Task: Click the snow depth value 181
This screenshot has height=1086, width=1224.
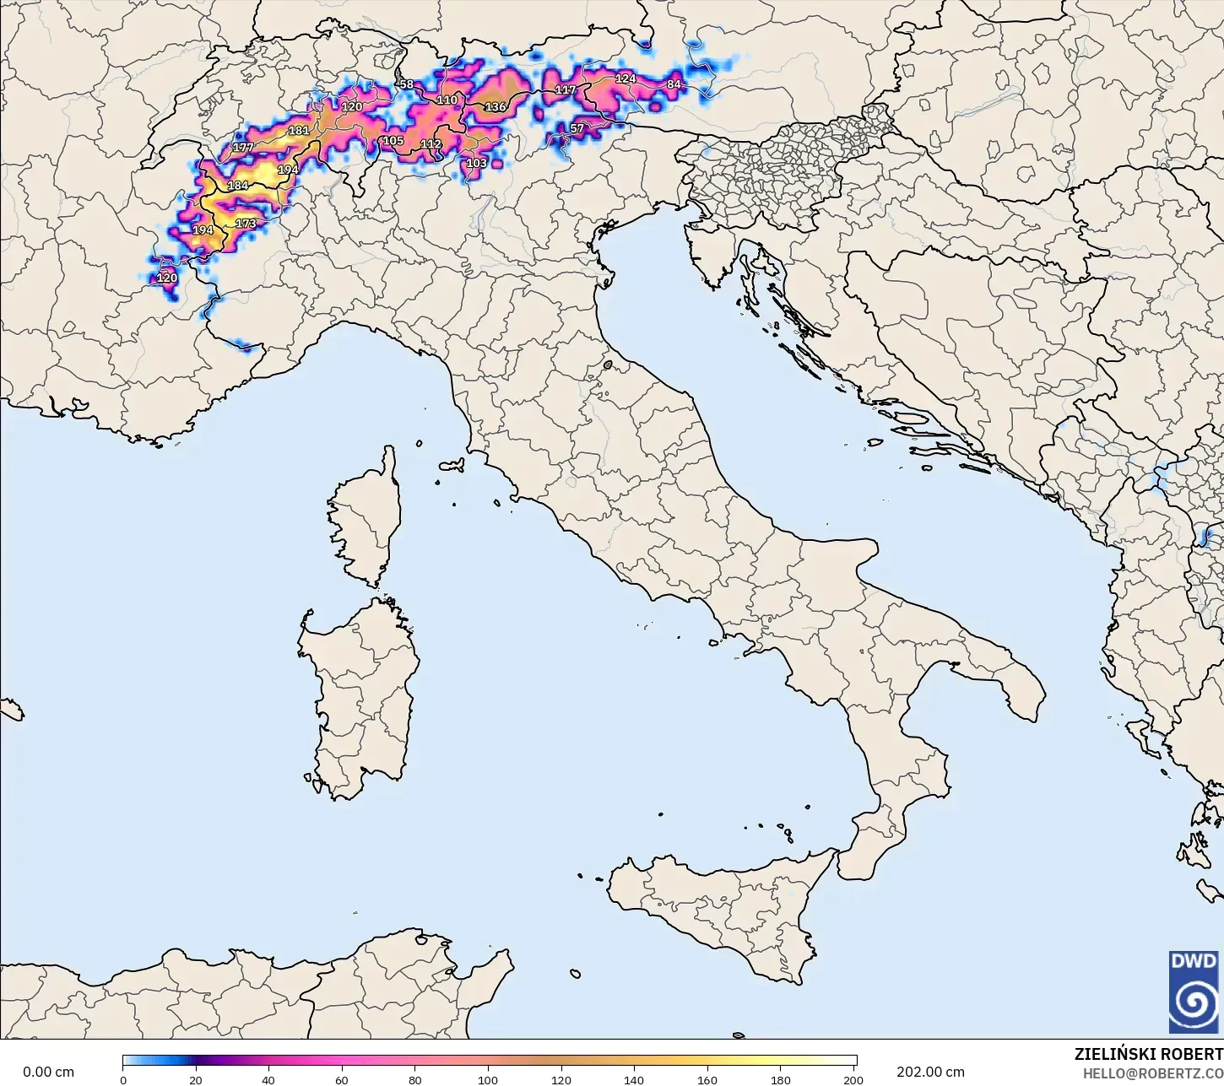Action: [299, 131]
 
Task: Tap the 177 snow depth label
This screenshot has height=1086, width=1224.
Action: [243, 148]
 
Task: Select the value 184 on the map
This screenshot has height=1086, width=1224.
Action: [238, 186]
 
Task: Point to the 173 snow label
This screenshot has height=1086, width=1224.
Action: [246, 224]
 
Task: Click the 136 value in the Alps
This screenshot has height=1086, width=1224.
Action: [496, 107]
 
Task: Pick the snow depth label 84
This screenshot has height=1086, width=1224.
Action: [674, 84]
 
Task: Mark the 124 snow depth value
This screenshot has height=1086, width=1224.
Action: [626, 78]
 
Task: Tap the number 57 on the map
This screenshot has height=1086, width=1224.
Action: [577, 129]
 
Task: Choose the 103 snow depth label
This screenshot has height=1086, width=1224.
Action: [476, 163]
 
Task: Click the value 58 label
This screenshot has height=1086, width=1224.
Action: [407, 84]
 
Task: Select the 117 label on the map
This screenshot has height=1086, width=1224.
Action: [566, 90]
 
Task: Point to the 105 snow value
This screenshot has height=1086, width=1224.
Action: [393, 141]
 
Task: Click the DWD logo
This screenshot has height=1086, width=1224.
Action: [1194, 991]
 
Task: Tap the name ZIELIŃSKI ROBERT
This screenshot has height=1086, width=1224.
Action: [1148, 1054]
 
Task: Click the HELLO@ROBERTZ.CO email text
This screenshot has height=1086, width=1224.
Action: [1153, 1072]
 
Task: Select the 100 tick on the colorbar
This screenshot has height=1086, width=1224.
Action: [488, 1079]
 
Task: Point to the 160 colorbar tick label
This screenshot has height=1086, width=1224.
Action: [707, 1079]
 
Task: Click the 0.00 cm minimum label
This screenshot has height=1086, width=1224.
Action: [48, 1072]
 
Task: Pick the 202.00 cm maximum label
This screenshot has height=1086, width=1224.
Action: [930, 1072]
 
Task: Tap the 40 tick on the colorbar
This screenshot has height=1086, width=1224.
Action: [268, 1079]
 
